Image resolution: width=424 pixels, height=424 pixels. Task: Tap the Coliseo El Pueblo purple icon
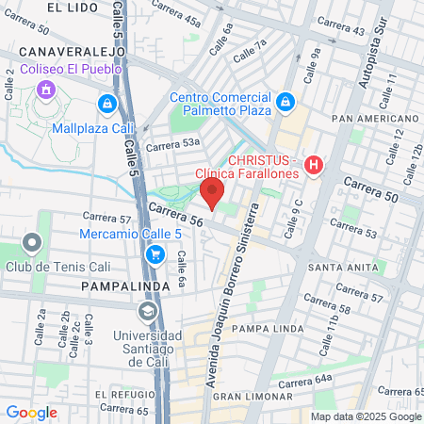pos(44,90)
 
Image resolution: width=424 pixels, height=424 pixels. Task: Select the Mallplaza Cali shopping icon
pos(108,102)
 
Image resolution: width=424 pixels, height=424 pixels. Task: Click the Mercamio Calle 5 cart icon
pos(157,253)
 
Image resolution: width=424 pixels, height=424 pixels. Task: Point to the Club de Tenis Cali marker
pos(33,244)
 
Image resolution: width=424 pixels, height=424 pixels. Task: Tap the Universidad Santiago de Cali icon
pos(147,311)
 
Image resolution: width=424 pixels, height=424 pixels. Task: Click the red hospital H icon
pos(315,165)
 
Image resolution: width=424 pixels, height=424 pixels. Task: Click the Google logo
pos(31,412)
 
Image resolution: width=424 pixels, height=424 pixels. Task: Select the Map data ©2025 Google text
pos(366,416)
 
